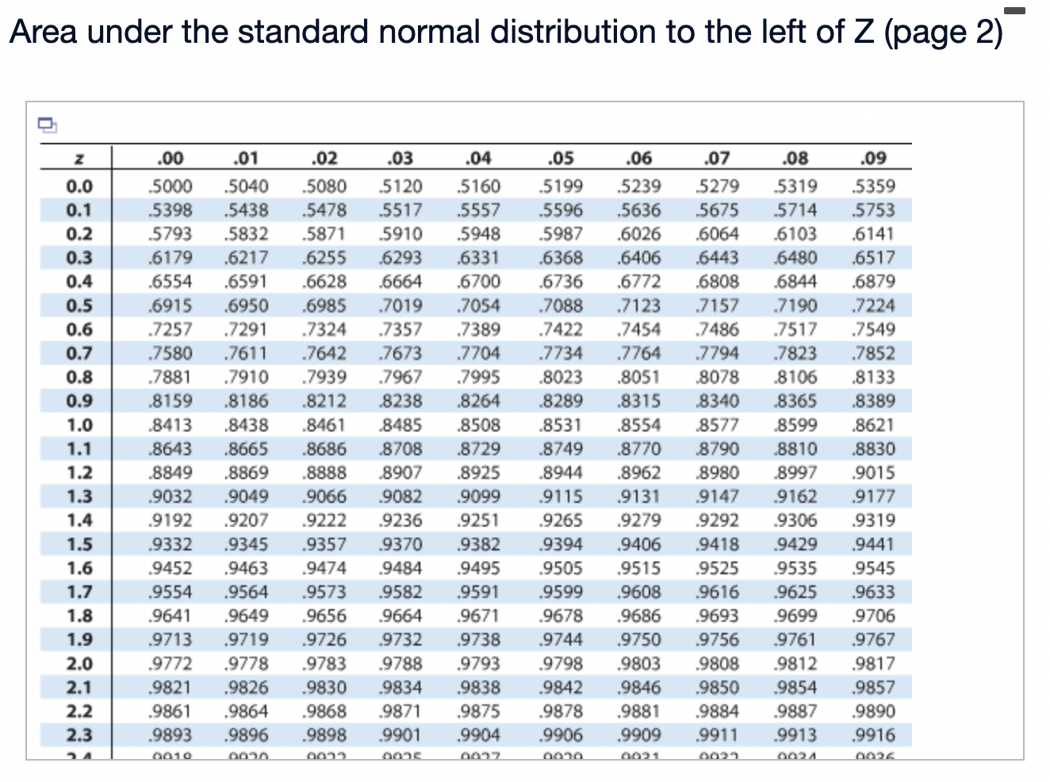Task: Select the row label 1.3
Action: point(79,496)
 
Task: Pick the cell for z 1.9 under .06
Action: point(639,639)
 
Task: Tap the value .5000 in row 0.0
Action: point(171,186)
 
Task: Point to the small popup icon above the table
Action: point(47,124)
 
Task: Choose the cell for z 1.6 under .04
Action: point(480,568)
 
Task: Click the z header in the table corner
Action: point(79,159)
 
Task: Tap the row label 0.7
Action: point(79,353)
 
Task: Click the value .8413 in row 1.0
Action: point(171,425)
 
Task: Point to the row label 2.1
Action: point(79,687)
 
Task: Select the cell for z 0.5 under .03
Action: point(401,305)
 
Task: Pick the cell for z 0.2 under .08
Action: point(795,234)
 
